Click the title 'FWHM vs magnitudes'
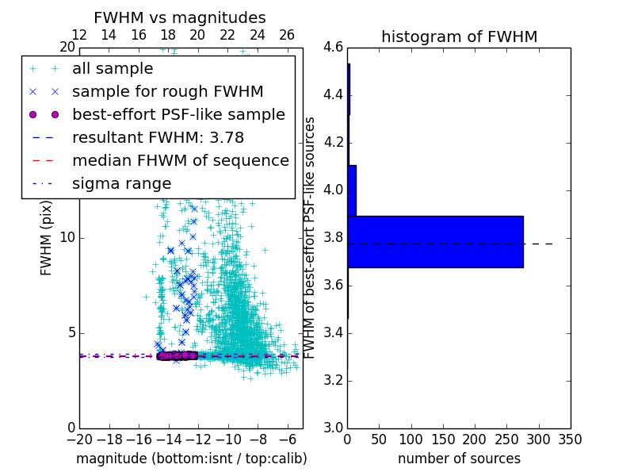[x=180, y=18]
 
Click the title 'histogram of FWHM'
[x=459, y=36]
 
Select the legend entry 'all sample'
[x=112, y=69]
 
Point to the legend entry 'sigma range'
[x=121, y=184]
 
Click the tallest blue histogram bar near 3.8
[x=435, y=241]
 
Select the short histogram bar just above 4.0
[x=352, y=190]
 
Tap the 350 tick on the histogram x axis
[x=570, y=439]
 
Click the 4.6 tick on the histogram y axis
[x=333, y=48]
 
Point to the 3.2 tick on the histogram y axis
[x=333, y=380]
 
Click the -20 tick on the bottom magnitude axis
[x=79, y=439]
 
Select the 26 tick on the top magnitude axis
[x=287, y=35]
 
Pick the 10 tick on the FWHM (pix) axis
[x=67, y=238]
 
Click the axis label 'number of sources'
[x=459, y=459]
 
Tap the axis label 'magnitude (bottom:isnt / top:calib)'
[x=191, y=459]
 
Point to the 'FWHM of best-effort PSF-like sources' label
[x=310, y=237]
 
